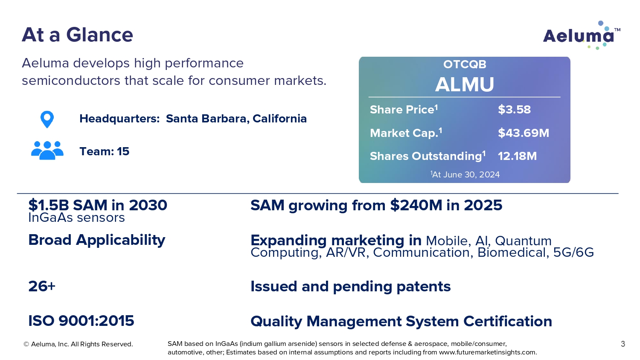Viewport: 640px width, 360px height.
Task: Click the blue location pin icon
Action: tap(47, 119)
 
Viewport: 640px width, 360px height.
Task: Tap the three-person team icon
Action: tap(47, 150)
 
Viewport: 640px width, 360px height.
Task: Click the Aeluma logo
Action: tap(582, 35)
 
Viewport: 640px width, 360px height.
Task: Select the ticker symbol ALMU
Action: tap(465, 84)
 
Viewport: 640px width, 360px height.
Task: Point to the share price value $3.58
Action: tap(514, 110)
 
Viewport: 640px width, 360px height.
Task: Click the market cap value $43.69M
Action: tap(524, 133)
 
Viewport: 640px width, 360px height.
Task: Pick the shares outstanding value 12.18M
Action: tap(517, 156)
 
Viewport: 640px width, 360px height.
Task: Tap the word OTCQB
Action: tap(465, 64)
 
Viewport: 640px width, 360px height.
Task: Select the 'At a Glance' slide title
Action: tap(77, 35)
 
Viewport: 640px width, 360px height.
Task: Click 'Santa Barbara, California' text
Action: tap(236, 119)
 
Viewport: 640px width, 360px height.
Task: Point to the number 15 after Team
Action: tap(123, 151)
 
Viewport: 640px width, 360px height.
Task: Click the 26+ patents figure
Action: tap(42, 286)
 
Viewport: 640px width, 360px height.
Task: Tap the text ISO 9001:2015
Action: tap(81, 321)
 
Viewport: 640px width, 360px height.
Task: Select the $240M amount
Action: tap(416, 205)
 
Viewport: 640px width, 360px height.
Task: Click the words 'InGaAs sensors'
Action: tap(76, 218)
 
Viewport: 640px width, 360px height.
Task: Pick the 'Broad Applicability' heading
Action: tap(97, 240)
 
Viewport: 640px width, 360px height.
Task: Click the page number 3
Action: tap(623, 344)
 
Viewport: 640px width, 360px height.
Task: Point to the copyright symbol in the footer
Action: tap(26, 344)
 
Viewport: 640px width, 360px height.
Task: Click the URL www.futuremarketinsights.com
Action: tap(487, 352)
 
